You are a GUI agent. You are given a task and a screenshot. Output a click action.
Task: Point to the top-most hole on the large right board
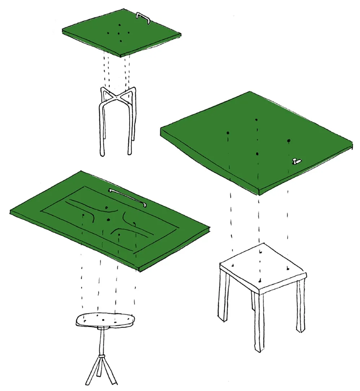pos(256,120)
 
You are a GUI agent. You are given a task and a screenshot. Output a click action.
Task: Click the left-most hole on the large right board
pos(228,133)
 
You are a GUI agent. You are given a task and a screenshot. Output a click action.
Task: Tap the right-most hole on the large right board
pos(289,140)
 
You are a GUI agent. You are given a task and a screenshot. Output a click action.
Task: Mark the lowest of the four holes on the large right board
pos(257,154)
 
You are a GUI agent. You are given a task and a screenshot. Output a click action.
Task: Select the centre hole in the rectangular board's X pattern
pos(107,219)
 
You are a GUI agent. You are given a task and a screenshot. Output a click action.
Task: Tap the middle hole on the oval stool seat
pos(103,320)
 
